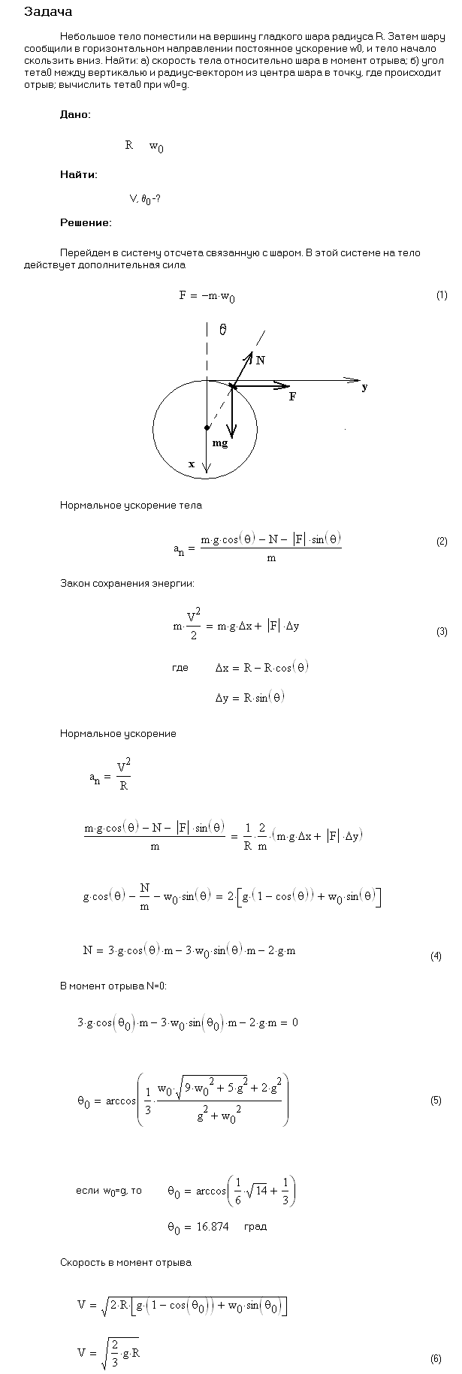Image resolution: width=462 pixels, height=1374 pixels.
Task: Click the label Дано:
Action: (x=75, y=114)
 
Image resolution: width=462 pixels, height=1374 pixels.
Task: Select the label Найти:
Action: (x=78, y=174)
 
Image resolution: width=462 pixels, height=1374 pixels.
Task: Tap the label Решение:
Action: (x=86, y=222)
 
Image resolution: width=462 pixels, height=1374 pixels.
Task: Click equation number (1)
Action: (x=442, y=295)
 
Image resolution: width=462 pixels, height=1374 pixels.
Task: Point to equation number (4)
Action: (x=436, y=956)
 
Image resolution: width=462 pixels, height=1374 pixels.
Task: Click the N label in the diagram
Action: (x=260, y=361)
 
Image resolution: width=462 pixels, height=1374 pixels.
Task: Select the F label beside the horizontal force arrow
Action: (x=292, y=397)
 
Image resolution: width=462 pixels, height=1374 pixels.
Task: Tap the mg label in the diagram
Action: (x=220, y=444)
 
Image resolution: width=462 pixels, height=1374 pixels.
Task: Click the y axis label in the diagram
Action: (x=364, y=388)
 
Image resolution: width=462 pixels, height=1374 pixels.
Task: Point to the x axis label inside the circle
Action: (x=192, y=464)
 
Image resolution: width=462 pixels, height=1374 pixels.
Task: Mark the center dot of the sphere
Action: (x=207, y=427)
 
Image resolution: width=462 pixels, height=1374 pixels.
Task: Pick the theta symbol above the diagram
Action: (x=223, y=329)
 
